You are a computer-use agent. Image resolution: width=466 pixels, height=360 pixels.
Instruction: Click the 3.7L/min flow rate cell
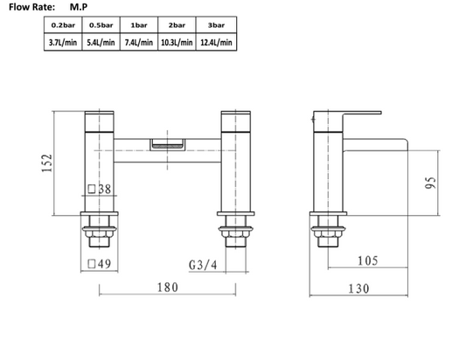[62, 41]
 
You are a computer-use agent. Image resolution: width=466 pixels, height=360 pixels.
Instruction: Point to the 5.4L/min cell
[101, 41]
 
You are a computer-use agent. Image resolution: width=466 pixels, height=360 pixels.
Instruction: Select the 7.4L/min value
[138, 41]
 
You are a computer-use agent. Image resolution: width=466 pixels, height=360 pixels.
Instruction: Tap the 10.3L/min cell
[176, 41]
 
